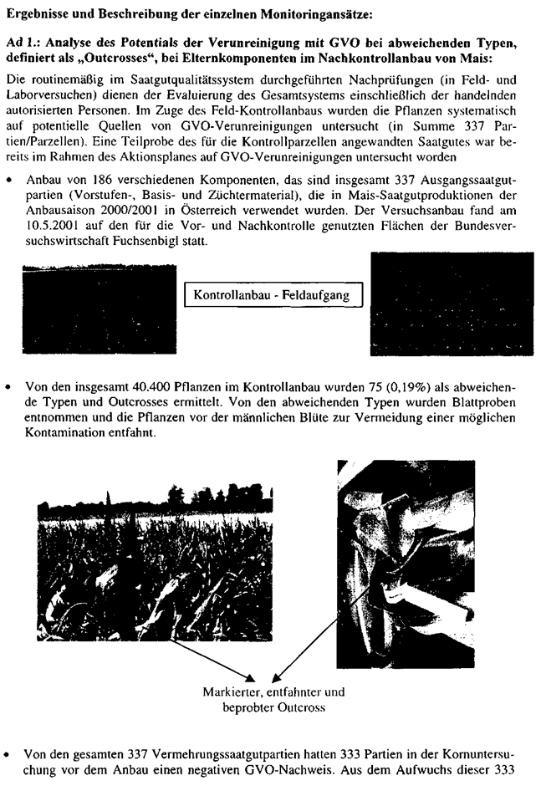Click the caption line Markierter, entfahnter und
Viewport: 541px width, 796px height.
point(273,692)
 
